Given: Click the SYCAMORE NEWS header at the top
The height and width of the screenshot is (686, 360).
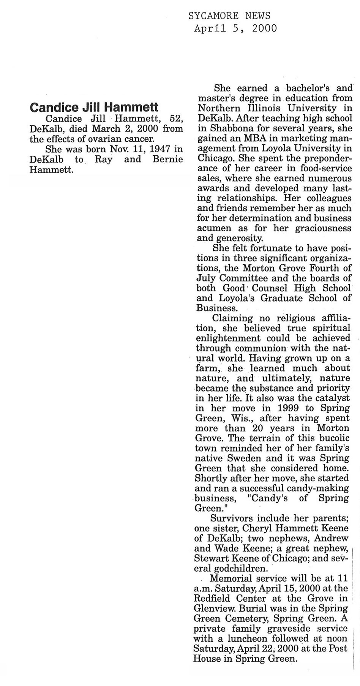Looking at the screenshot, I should (x=229, y=16).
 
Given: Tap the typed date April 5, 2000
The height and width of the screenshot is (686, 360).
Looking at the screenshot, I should (x=235, y=28).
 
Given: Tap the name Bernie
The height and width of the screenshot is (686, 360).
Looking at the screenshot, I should (x=167, y=159).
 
